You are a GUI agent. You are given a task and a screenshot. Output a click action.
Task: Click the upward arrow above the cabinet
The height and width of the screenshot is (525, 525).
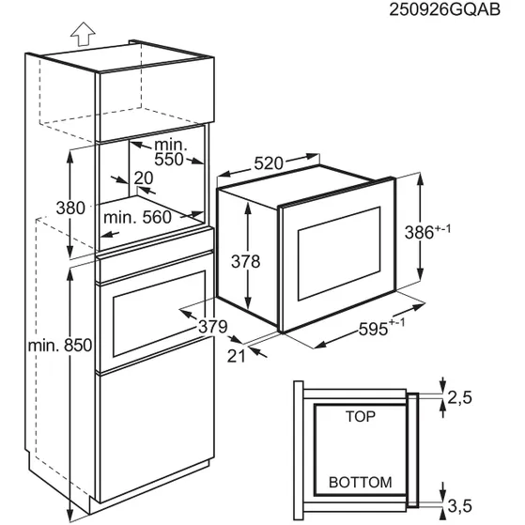(82, 36)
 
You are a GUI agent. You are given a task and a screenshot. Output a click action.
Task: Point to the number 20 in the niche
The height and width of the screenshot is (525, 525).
(144, 178)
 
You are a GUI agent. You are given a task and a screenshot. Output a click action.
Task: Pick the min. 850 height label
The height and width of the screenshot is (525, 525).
(58, 346)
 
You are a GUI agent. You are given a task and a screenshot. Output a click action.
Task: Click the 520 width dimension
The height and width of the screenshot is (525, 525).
(269, 163)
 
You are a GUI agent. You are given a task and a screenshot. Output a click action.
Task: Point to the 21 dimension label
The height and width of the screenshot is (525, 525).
(235, 354)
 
